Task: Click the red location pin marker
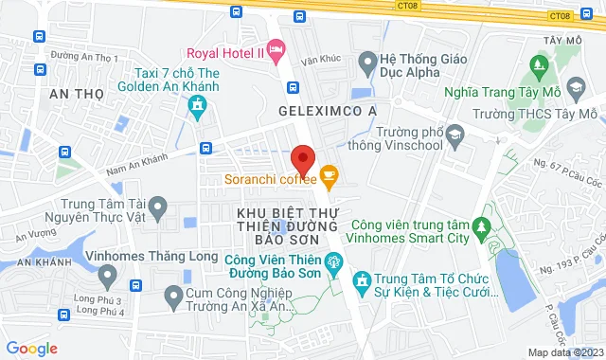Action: pyautogui.click(x=302, y=158)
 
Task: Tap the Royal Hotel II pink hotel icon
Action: pyautogui.click(x=276, y=47)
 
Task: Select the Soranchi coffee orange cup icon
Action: pyautogui.click(x=329, y=174)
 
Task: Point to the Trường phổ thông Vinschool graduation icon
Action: pyautogui.click(x=454, y=137)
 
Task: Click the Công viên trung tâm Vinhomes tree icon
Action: pyautogui.click(x=481, y=227)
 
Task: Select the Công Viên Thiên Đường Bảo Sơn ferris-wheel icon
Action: pyautogui.click(x=331, y=262)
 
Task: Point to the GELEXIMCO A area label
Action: pyautogui.click(x=328, y=111)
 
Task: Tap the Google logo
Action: pyautogui.click(x=30, y=349)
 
